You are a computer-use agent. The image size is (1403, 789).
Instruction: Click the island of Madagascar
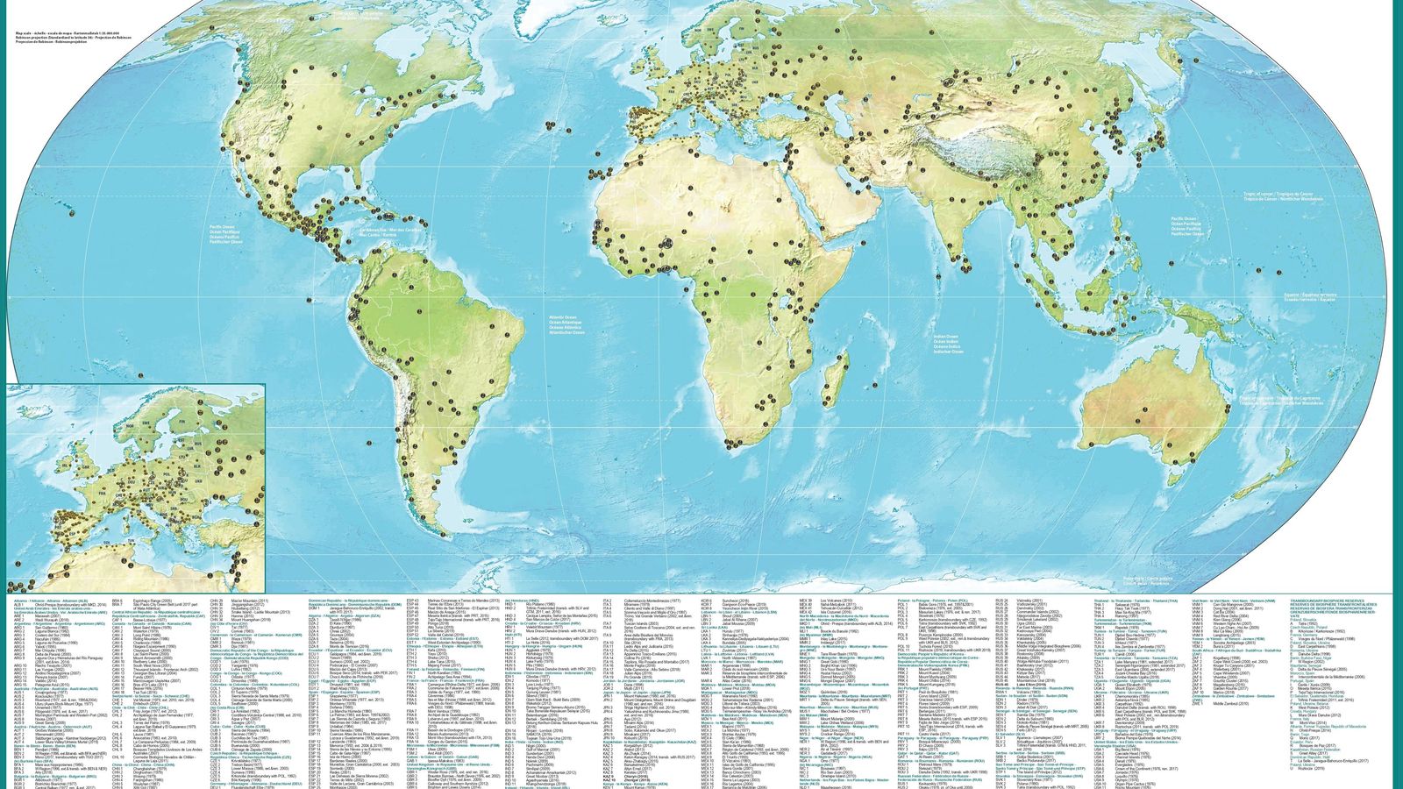(x=839, y=373)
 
